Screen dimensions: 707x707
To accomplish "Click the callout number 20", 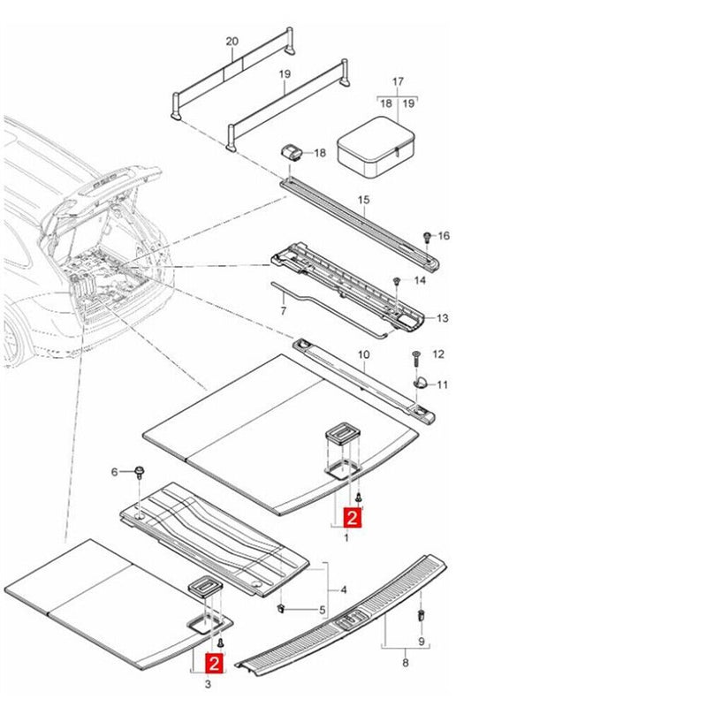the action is coord(232,42).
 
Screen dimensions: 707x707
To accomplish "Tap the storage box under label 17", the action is coord(376,147).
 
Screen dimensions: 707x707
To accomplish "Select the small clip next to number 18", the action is coord(293,152).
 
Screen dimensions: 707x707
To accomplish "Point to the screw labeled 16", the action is coord(427,237).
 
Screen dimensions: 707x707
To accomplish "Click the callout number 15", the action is coord(363,200).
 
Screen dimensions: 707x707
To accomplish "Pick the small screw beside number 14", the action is coord(397,281).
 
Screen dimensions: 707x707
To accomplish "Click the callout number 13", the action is coord(443,318).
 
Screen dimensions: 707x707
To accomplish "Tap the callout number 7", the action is coord(283,311).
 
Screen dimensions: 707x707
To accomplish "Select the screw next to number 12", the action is coord(416,359).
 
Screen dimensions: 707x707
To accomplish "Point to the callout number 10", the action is coord(363,355).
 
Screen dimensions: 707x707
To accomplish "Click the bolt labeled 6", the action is coord(140,472).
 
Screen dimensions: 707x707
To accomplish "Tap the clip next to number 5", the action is coord(282,609).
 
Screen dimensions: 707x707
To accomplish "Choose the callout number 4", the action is coord(344,589).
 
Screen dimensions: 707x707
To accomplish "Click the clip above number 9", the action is coord(422,615).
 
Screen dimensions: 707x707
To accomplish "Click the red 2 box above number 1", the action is coord(352,517).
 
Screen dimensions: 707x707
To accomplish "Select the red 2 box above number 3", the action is coord(214,663).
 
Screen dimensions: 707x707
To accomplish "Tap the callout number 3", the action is coord(208,684).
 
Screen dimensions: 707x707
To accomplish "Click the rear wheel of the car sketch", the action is coord(12,341).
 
